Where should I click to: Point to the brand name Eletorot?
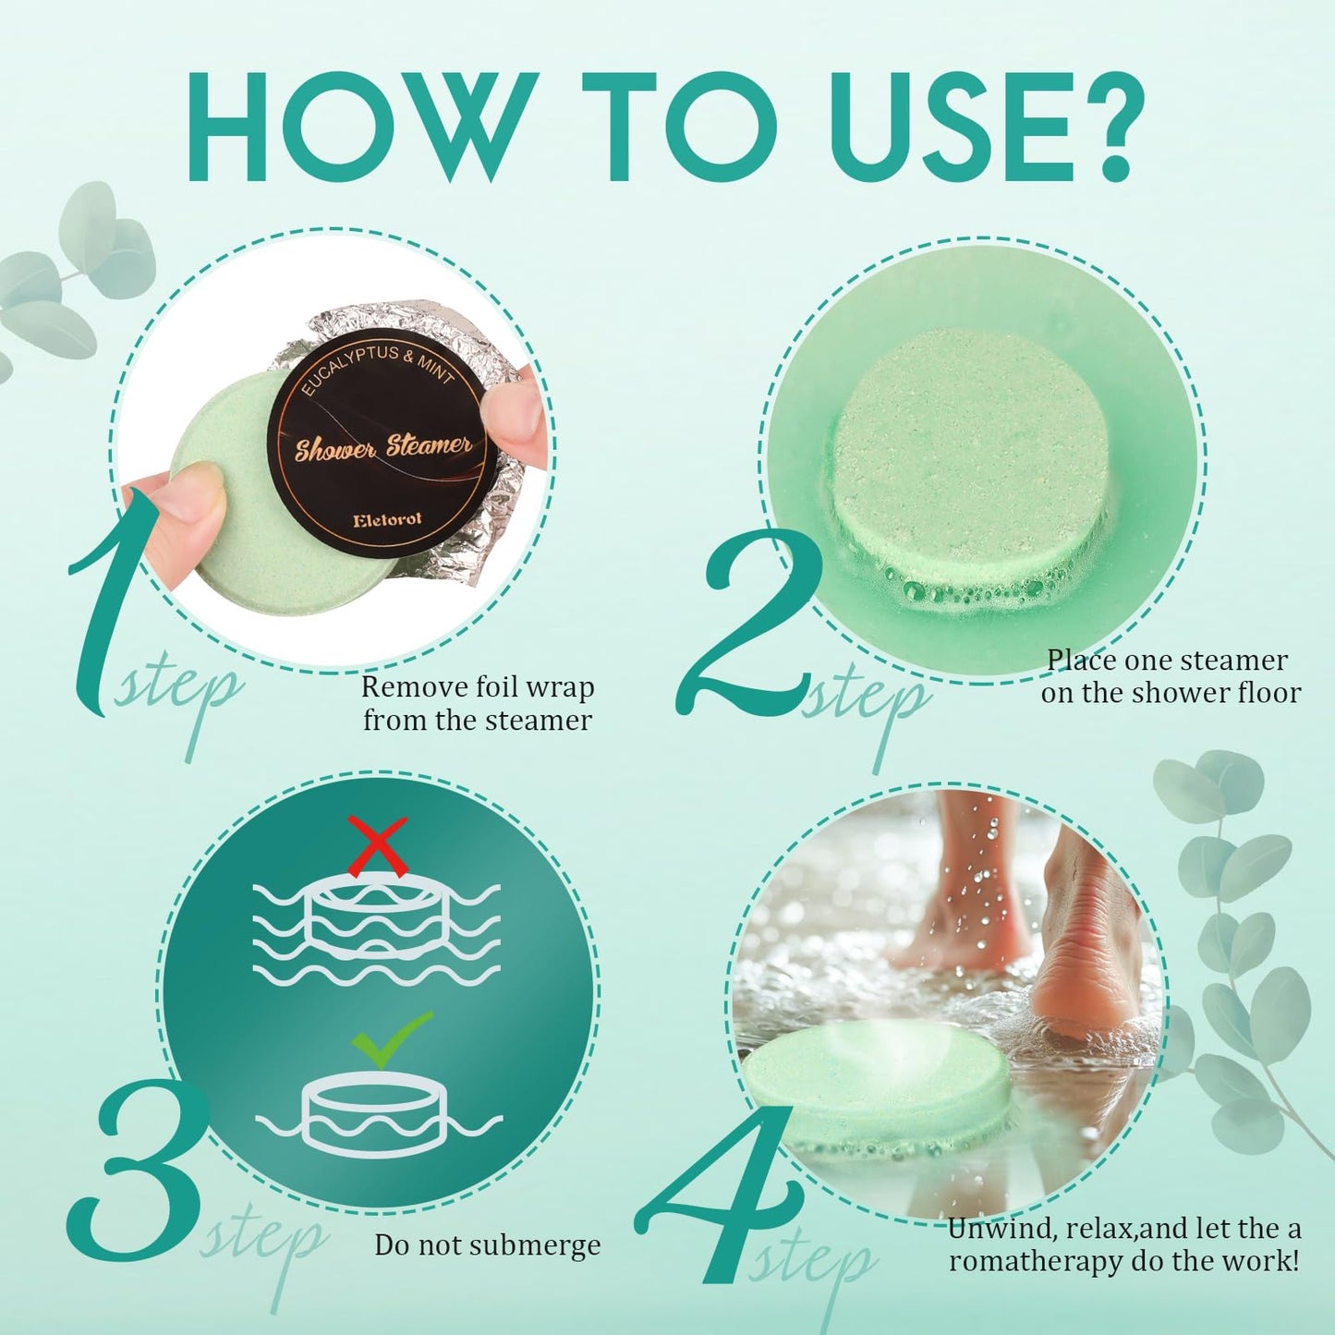click(x=387, y=520)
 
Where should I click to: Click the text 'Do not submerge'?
click(x=487, y=1245)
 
